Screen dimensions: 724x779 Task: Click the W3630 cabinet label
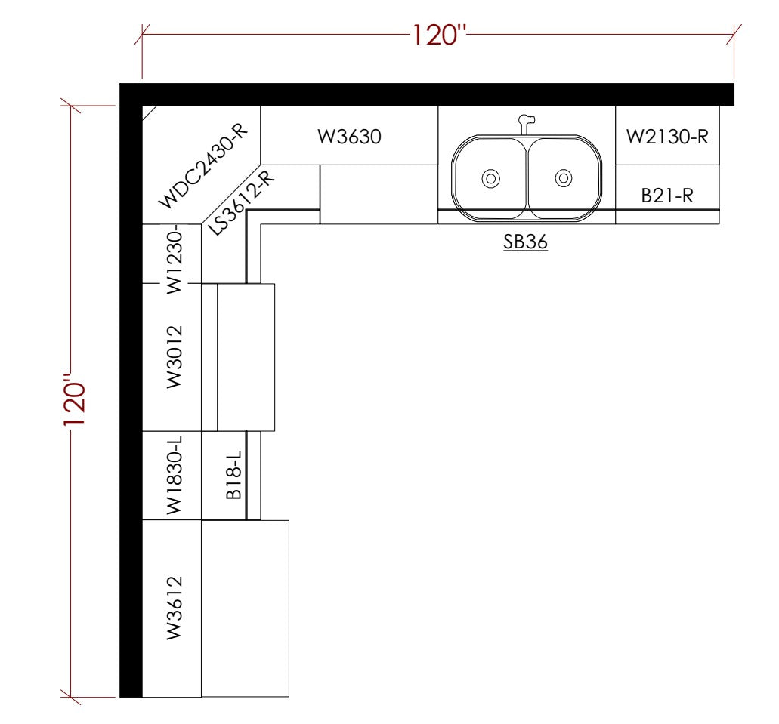pyautogui.click(x=349, y=137)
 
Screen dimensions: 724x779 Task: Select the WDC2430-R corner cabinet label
pyautogui.click(x=203, y=166)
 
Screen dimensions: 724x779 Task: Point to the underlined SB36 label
pyautogui.click(x=526, y=243)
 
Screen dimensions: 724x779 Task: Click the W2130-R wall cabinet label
pyautogui.click(x=666, y=137)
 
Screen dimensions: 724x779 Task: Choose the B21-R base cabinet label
pyautogui.click(x=666, y=196)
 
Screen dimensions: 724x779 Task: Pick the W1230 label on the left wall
pyautogui.click(x=174, y=257)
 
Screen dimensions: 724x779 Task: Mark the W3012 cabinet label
pyautogui.click(x=174, y=356)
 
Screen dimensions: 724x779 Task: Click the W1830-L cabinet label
pyautogui.click(x=174, y=476)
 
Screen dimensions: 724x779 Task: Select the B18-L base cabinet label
pyautogui.click(x=233, y=476)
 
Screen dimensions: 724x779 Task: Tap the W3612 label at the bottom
pyautogui.click(x=174, y=608)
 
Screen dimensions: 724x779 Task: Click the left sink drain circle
pyautogui.click(x=490, y=179)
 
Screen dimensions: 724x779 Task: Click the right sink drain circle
pyautogui.click(x=563, y=178)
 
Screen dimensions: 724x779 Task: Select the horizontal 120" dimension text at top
pyautogui.click(x=439, y=34)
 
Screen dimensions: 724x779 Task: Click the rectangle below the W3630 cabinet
pyautogui.click(x=379, y=195)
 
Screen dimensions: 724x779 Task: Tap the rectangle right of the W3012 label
pyautogui.click(x=246, y=357)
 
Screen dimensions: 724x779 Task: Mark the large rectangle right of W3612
pyautogui.click(x=246, y=608)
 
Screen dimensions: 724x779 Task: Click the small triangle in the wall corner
pyautogui.click(x=148, y=112)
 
